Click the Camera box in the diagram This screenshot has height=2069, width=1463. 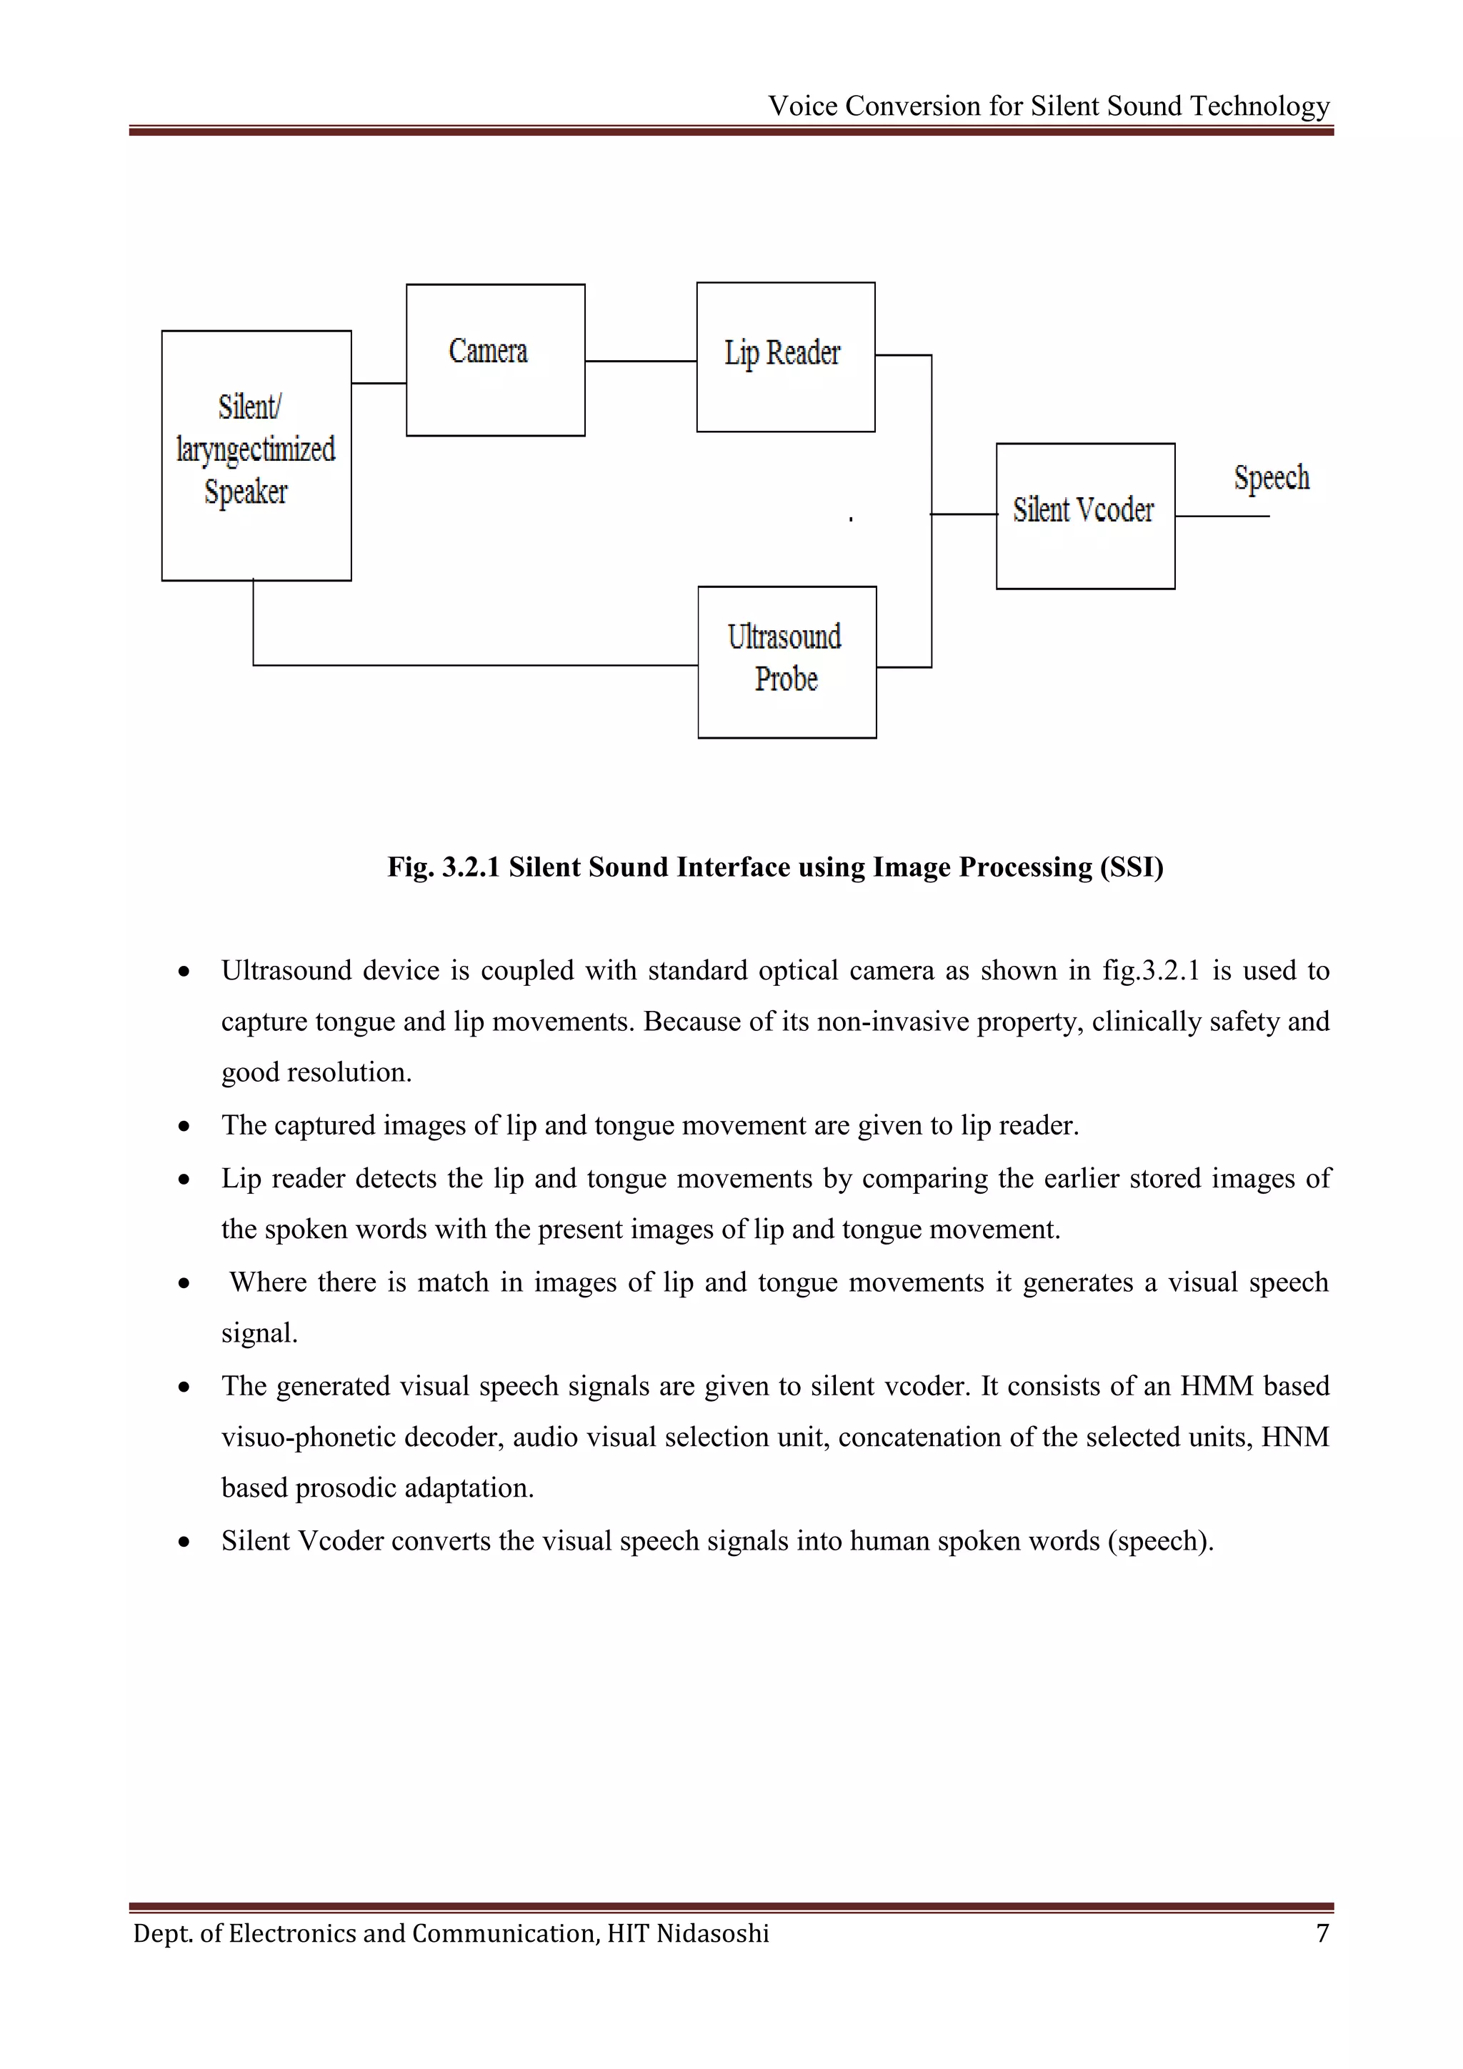(x=496, y=361)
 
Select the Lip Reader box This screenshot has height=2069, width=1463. (x=786, y=357)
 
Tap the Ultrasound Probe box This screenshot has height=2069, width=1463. (x=787, y=662)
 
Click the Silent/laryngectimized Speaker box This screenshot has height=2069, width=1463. (x=256, y=455)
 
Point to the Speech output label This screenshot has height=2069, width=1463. (x=1271, y=478)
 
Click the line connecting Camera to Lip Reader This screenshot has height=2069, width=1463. (x=641, y=362)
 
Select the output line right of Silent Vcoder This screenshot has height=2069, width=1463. (x=1222, y=517)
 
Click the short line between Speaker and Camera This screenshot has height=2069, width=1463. (x=379, y=383)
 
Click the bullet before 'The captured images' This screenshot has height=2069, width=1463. (x=184, y=1127)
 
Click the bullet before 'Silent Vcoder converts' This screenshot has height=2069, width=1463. (x=184, y=1542)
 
